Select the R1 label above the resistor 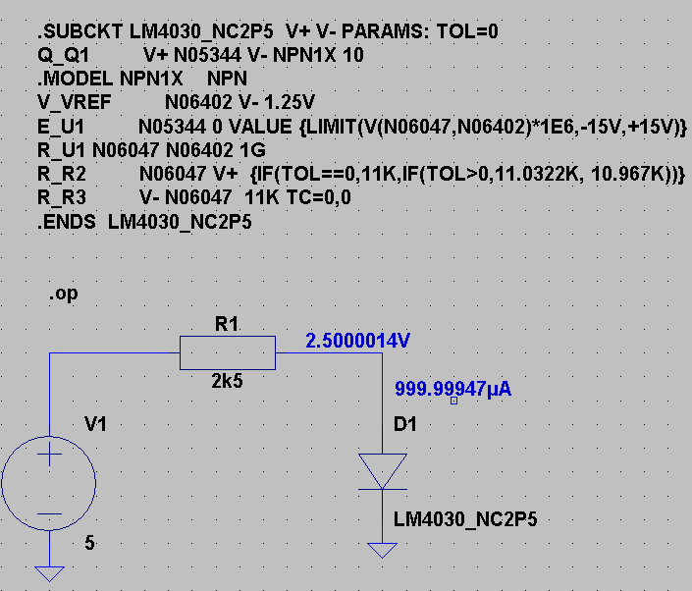click(x=227, y=324)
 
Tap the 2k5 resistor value click(x=227, y=381)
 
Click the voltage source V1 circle click(x=49, y=484)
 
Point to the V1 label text click(x=96, y=424)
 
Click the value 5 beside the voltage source click(x=89, y=541)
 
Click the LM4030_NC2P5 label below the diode click(x=465, y=519)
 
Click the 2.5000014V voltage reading click(x=357, y=341)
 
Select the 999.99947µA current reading click(x=452, y=389)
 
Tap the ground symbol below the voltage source click(x=49, y=573)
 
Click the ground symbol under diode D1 click(x=383, y=550)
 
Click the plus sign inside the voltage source click(x=49, y=456)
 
